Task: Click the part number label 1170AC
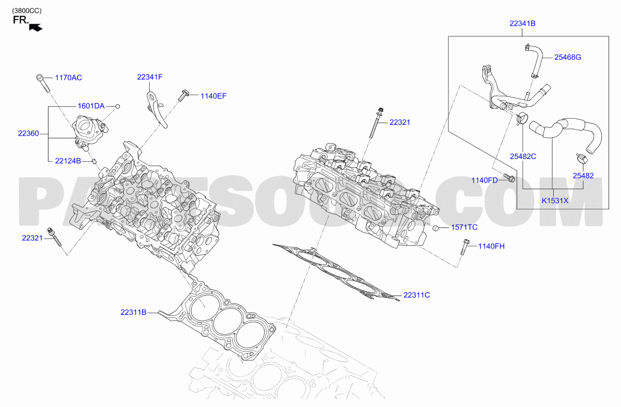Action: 68,77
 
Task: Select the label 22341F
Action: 150,77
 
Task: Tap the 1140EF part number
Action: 214,96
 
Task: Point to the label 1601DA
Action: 91,106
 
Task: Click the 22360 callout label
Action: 29,133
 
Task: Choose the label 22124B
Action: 68,161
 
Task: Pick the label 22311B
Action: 133,312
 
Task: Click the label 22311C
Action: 416,295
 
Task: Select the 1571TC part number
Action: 464,227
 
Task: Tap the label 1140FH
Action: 492,246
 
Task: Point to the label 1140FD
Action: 484,180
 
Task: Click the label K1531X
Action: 555,200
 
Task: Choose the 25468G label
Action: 568,57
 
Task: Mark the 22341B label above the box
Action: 522,24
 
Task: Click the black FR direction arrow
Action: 36,27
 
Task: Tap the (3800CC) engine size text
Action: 26,11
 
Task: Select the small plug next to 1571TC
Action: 435,228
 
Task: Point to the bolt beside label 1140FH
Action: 464,247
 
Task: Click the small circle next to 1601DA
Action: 118,106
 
